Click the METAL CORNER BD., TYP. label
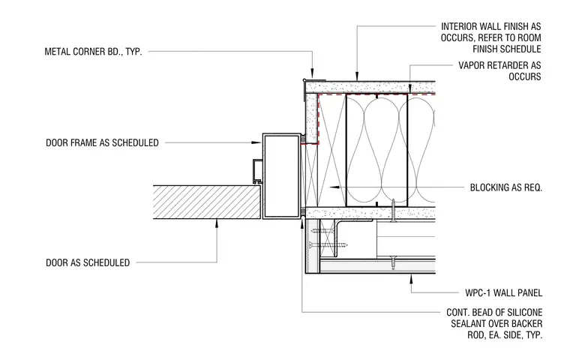coord(93,52)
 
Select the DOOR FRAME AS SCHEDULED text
coord(102,142)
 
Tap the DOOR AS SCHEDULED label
coord(88,262)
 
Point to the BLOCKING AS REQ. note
coord(506,187)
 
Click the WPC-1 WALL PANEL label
coord(503,292)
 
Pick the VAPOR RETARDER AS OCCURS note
coord(499,71)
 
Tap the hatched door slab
coord(207,202)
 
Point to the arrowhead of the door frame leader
coord(257,142)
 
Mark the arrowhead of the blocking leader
coord(334,187)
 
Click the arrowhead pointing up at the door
coord(217,223)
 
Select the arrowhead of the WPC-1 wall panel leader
coord(412,279)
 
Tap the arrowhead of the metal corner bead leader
coord(312,74)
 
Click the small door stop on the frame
coord(256,171)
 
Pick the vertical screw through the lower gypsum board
coord(393,210)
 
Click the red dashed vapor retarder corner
coord(319,95)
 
